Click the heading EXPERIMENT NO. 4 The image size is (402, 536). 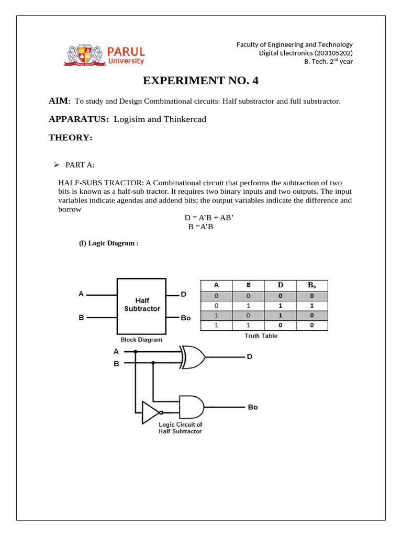click(x=201, y=81)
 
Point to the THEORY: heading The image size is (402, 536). click(x=71, y=138)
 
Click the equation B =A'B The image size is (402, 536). click(x=200, y=227)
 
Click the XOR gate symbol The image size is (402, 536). click(x=192, y=357)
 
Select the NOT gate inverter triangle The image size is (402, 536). click(x=150, y=411)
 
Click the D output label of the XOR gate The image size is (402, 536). click(x=250, y=357)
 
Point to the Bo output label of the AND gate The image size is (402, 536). click(x=252, y=407)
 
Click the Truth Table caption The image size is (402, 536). click(x=261, y=336)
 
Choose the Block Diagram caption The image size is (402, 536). click(x=141, y=339)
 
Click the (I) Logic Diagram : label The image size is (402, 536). click(x=108, y=243)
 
